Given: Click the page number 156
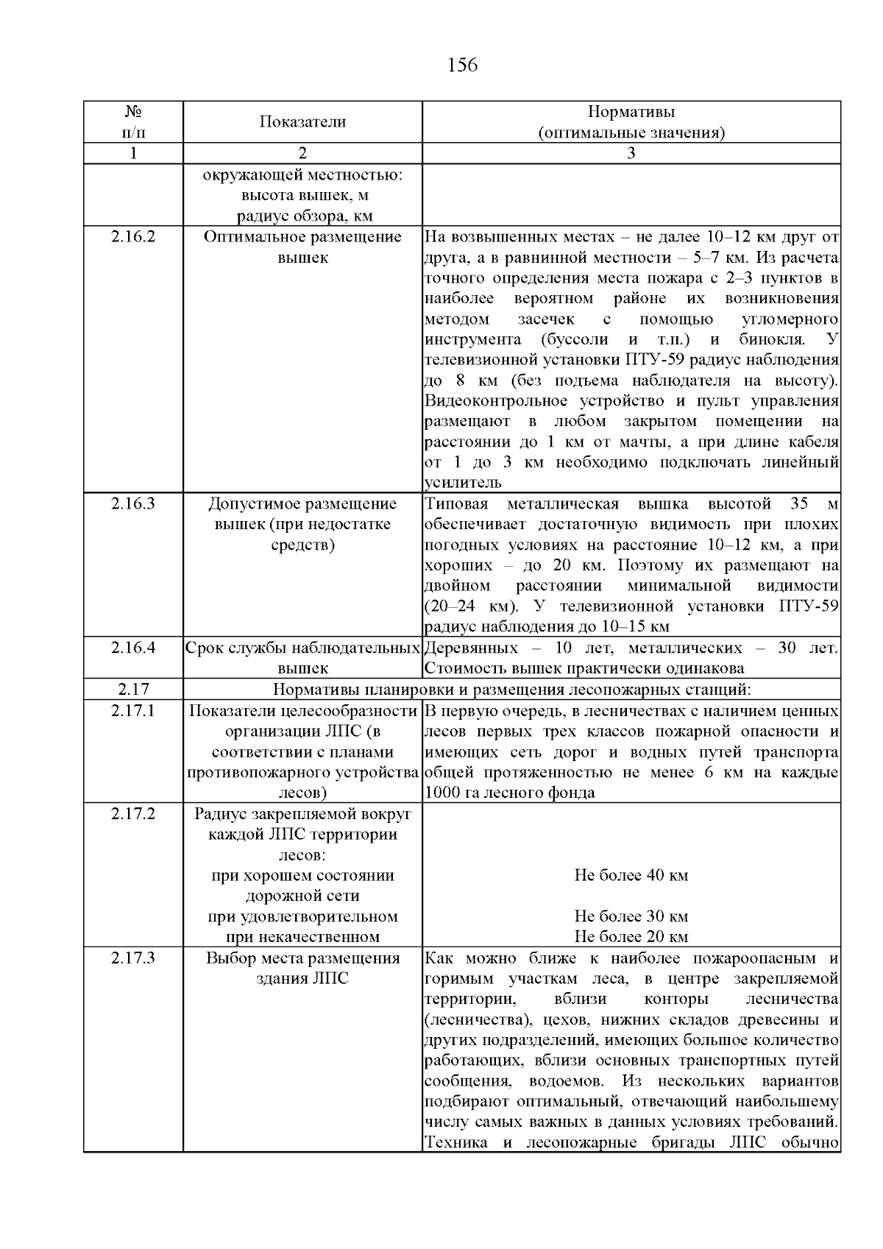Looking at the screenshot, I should [x=462, y=66].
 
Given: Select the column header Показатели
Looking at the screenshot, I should [x=302, y=122].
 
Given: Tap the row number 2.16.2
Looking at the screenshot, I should [x=133, y=237].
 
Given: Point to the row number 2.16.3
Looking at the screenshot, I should [x=133, y=504].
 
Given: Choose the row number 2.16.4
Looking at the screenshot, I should [x=133, y=648].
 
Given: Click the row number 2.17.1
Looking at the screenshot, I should [x=133, y=711].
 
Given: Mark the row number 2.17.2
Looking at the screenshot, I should [x=133, y=814].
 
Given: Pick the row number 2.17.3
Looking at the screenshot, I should [x=133, y=958].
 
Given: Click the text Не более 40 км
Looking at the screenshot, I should [x=631, y=876].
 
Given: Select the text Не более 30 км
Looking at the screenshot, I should [x=631, y=917].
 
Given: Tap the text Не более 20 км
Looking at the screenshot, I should [x=631, y=937].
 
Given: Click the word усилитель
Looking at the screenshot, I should [x=463, y=483].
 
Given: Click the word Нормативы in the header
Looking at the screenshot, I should [x=631, y=112].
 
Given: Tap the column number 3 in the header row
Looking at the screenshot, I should [x=631, y=153].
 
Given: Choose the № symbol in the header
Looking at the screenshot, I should [x=133, y=112].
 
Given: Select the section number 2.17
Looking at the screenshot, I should [x=133, y=690].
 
